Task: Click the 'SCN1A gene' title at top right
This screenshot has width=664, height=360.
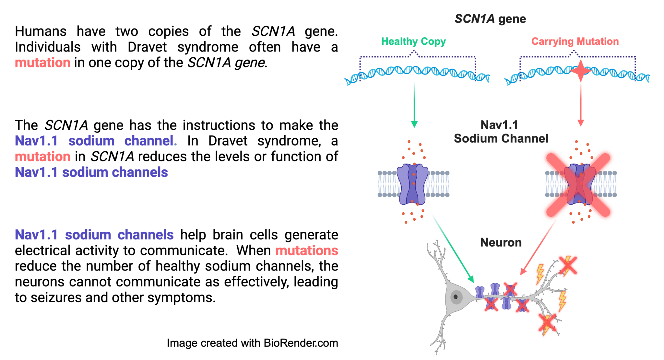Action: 490,19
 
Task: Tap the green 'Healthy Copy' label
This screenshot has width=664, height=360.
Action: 413,41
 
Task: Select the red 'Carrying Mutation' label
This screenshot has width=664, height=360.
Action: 575,41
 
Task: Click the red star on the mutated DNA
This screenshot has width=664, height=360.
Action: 580,71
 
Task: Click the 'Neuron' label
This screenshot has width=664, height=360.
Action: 501,242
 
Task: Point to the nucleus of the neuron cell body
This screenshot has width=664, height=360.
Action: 456,296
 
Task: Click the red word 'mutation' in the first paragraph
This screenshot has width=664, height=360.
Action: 42,63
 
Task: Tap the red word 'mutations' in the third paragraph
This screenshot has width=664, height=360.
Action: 307,250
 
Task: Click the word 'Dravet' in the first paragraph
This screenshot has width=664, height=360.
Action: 147,47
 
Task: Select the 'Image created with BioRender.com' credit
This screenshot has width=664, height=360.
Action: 252,343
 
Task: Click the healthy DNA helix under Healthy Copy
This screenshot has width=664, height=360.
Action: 417,74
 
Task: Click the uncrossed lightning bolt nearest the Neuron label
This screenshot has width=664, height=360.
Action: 540,274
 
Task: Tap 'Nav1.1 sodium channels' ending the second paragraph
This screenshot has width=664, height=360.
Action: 91,172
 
